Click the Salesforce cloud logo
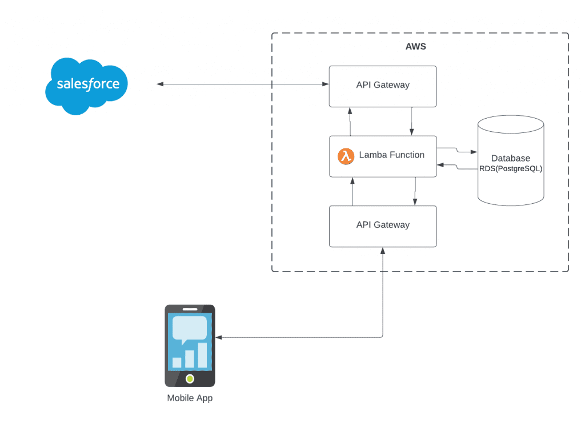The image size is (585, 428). click(x=87, y=86)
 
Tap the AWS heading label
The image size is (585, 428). click(x=415, y=47)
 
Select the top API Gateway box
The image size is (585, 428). click(x=383, y=86)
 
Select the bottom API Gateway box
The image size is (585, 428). click(x=383, y=226)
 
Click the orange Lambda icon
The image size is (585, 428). click(x=346, y=156)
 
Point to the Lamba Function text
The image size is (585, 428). click(x=391, y=155)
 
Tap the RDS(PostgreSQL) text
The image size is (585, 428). click(x=511, y=169)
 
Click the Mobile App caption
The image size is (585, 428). click(x=190, y=398)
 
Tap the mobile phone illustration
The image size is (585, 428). click(x=190, y=345)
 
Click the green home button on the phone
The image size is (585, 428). click(x=190, y=378)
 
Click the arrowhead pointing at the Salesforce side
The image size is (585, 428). click(x=160, y=84)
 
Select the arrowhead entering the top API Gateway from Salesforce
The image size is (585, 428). click(x=326, y=84)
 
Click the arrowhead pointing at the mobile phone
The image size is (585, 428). click(x=219, y=337)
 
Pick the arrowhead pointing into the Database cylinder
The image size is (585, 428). click(x=474, y=152)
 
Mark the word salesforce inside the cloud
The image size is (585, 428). click(x=88, y=84)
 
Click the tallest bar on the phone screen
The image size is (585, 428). click(x=202, y=355)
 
